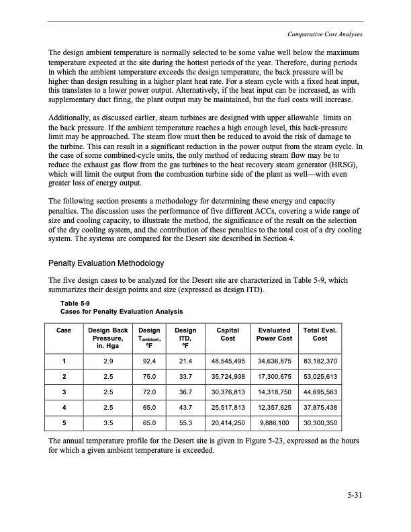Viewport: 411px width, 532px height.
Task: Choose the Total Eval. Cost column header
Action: click(320, 335)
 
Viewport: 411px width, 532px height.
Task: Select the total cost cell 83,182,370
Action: click(320, 363)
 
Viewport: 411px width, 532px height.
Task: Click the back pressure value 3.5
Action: click(107, 424)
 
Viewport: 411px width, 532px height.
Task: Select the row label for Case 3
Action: click(64, 393)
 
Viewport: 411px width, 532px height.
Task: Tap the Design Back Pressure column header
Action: click(107, 335)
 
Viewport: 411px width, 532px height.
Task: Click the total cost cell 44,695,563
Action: click(320, 393)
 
